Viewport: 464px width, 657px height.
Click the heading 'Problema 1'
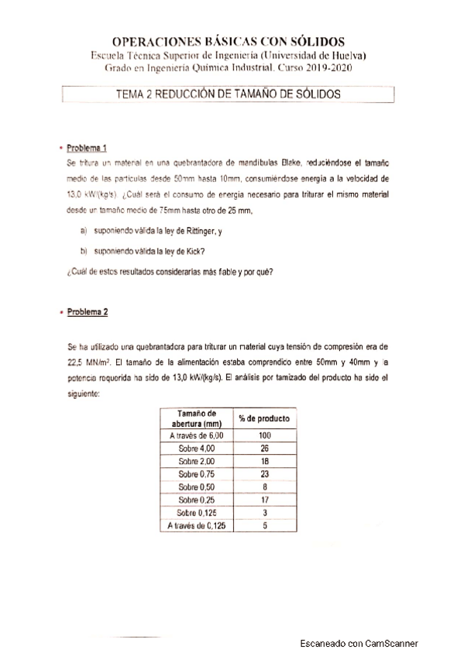click(87, 148)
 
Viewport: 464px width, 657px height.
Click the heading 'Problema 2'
click(88, 312)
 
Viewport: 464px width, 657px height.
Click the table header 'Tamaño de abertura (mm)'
click(197, 418)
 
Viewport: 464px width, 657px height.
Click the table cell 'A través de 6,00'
click(196, 436)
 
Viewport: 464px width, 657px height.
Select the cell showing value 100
click(265, 436)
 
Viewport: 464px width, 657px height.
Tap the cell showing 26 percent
click(265, 449)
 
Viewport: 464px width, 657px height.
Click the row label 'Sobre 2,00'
click(197, 461)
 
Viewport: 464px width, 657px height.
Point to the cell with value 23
click(265, 473)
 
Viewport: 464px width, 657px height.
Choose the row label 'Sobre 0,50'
click(197, 487)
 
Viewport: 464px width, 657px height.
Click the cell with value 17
click(265, 499)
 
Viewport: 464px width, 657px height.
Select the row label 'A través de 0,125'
click(196, 525)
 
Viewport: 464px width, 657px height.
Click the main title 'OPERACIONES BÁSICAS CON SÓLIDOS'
click(229, 42)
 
